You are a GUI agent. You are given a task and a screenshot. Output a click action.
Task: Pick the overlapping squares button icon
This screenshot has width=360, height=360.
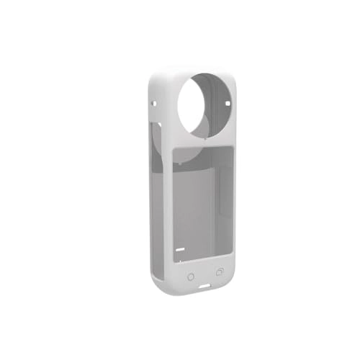coord(220,272)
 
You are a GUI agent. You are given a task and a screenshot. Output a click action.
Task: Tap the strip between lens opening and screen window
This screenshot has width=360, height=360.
coord(206,141)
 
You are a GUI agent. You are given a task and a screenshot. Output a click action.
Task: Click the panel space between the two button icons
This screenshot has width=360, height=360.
coord(205,275)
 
